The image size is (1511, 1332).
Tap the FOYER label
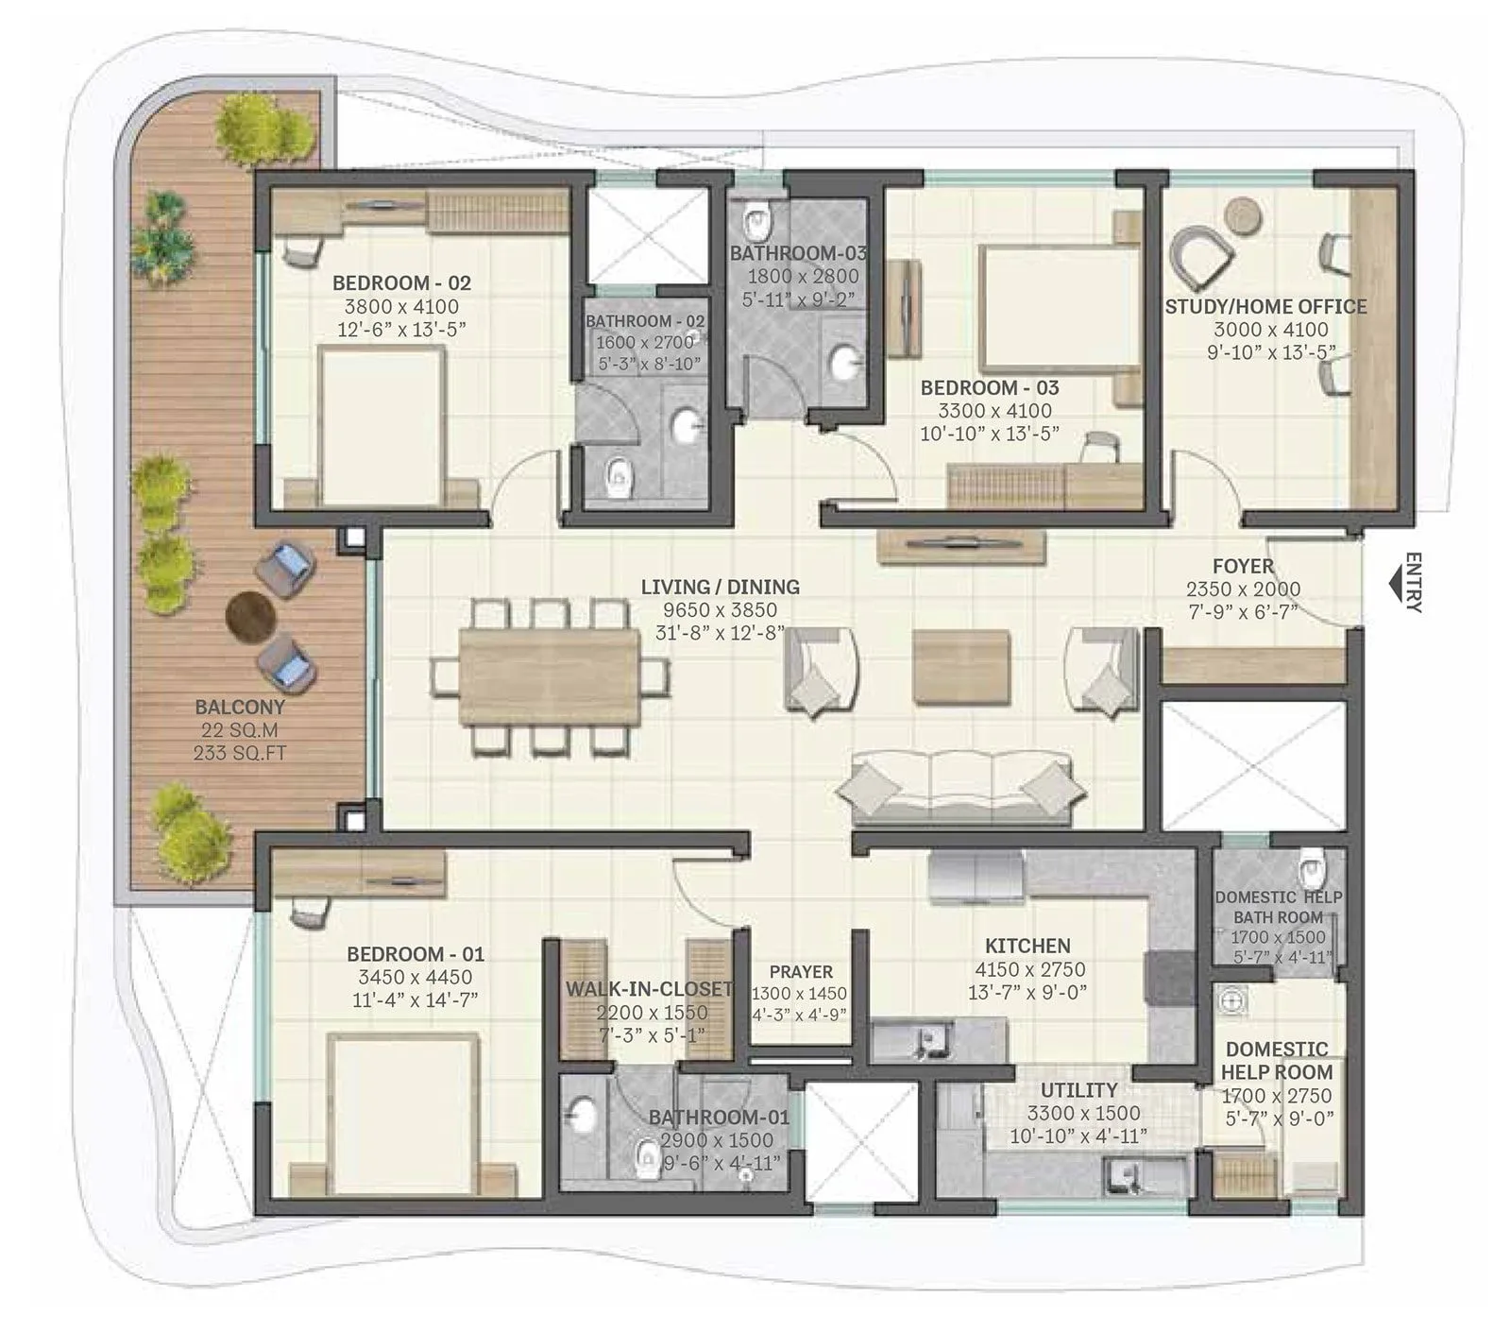(x=1243, y=566)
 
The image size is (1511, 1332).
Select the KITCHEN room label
(x=1027, y=946)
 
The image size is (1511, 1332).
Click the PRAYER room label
(x=801, y=971)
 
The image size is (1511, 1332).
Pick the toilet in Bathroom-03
(x=756, y=222)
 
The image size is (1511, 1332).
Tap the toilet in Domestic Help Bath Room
(x=1313, y=862)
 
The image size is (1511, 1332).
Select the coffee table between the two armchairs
(x=960, y=668)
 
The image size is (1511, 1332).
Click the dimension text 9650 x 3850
(x=720, y=610)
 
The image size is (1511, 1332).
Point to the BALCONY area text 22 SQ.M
(x=239, y=730)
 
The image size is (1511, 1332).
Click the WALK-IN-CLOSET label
(x=649, y=989)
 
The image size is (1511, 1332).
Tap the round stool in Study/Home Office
(x=1243, y=216)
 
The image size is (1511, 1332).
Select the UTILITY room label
(x=1078, y=1089)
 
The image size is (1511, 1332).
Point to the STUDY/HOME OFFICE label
(x=1265, y=306)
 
